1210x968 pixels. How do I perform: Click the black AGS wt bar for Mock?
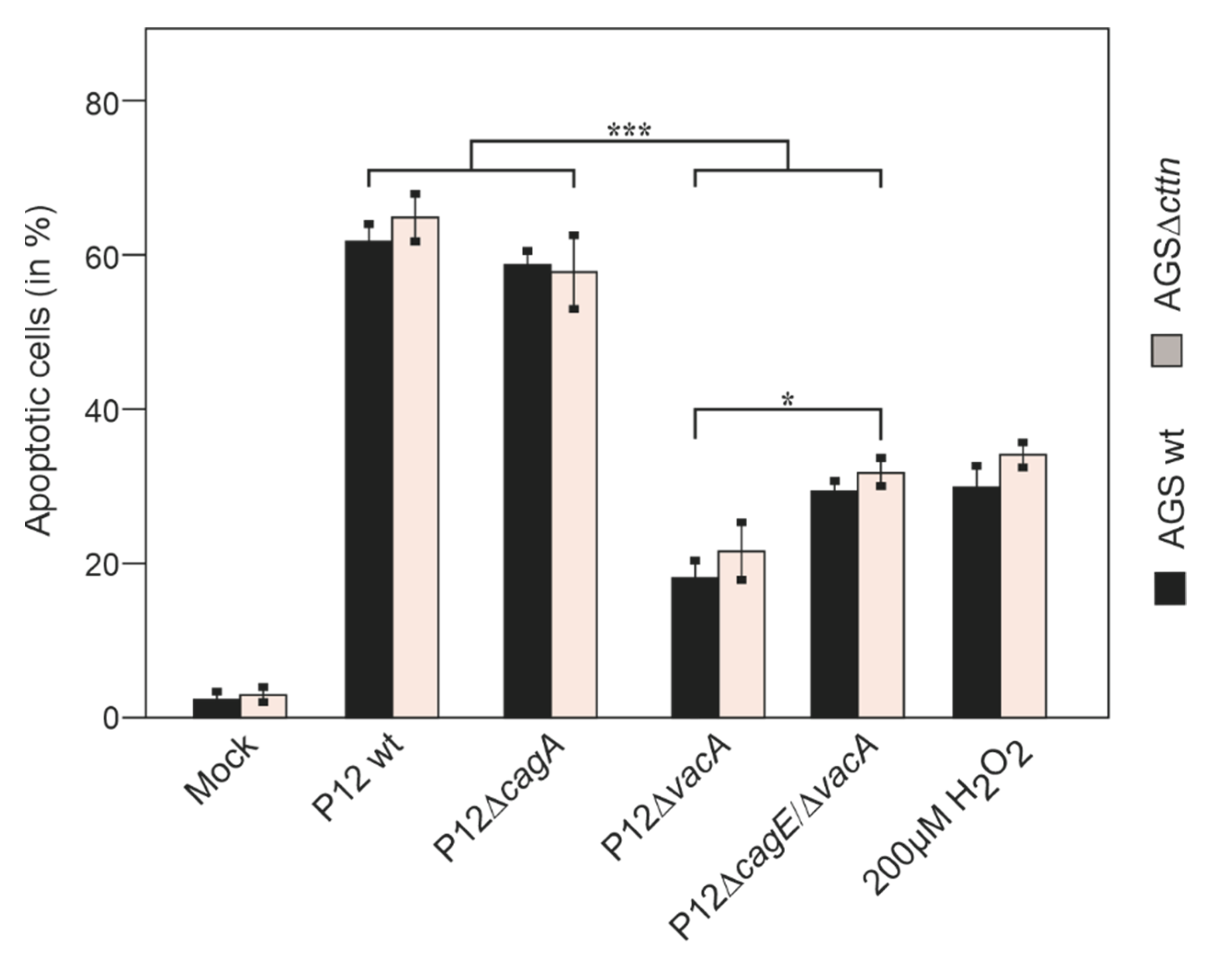217,708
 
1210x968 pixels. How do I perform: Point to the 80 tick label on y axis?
103,104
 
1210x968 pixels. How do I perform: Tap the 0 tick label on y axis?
111,719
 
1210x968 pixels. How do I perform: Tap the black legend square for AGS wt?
1170,588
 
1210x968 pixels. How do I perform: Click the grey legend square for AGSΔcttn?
1167,351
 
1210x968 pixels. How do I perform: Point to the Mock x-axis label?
222,771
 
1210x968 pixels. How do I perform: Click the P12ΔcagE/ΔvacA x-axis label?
775,836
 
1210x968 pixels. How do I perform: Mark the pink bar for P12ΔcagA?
574,493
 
